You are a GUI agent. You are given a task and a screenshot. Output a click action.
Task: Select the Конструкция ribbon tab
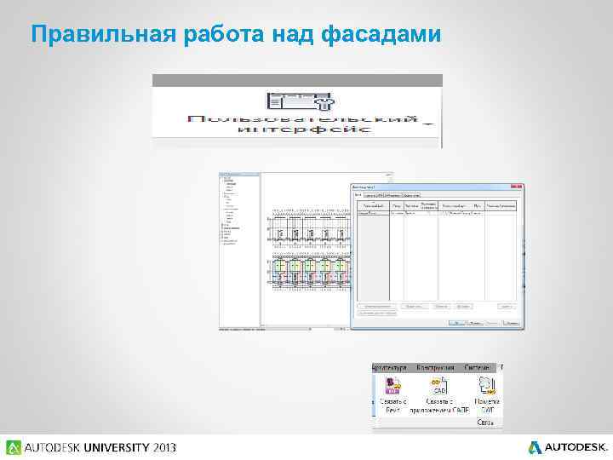coord(435,366)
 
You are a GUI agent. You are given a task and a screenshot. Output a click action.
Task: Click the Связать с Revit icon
coord(393,385)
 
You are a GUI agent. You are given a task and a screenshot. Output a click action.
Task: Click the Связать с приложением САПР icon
coord(438,385)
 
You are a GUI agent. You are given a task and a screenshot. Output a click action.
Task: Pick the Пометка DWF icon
coord(486,385)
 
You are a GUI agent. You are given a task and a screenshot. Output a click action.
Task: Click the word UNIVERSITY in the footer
coord(106,447)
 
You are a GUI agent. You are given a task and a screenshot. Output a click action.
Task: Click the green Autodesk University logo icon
coord(14,447)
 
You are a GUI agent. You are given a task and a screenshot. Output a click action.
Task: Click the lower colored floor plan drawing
coord(309,272)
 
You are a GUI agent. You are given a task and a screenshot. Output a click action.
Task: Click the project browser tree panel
coord(238,247)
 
